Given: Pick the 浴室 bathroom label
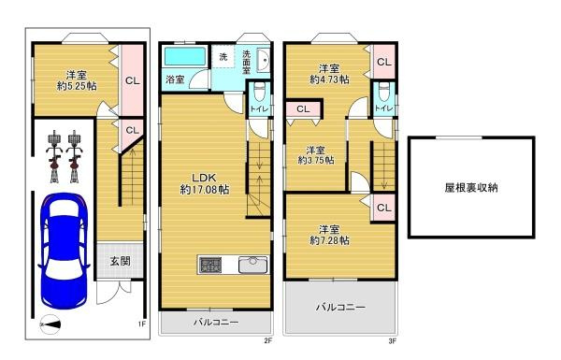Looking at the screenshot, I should [176, 79].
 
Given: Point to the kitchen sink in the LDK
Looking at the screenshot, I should [253, 265].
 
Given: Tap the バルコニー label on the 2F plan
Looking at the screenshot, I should [216, 323].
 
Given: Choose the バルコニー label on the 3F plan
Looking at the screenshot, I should [339, 306].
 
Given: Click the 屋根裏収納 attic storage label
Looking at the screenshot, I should [471, 187].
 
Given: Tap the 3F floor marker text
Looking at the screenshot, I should [393, 341].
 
